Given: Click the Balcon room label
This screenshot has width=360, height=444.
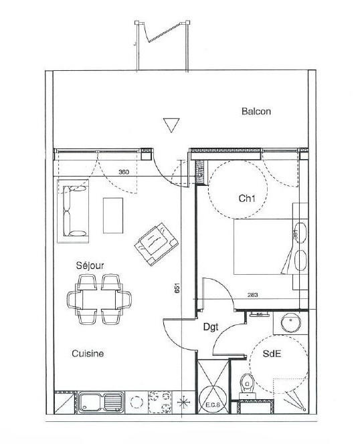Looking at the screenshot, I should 256,112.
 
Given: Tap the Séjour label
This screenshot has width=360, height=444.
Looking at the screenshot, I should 89,265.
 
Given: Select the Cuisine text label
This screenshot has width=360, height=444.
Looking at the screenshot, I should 88,354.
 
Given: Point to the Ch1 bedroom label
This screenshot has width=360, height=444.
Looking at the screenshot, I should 248,199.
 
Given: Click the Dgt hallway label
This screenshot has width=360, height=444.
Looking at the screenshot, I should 213,327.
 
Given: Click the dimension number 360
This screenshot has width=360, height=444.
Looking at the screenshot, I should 123,173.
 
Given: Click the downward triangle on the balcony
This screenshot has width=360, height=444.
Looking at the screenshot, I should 171,125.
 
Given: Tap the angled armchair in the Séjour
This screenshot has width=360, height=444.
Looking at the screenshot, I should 156,243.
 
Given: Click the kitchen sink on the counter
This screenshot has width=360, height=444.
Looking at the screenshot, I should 101,403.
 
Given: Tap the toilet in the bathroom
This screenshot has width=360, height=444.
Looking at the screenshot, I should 246,384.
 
